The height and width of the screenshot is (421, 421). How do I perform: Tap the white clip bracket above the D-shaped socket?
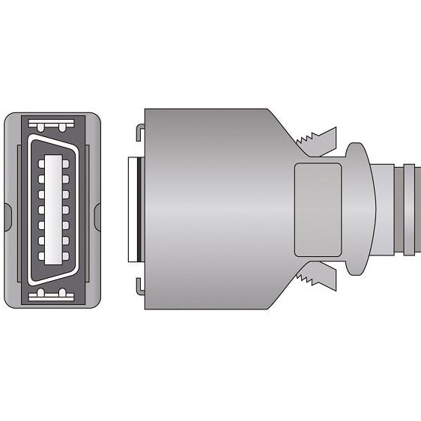53,124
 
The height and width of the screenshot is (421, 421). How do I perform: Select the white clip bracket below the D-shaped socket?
53,294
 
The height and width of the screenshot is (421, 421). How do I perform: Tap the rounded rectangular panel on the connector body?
318,209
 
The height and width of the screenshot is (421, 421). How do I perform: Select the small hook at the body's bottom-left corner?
139,287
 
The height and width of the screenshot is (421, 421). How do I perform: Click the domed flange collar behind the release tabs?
358,210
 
